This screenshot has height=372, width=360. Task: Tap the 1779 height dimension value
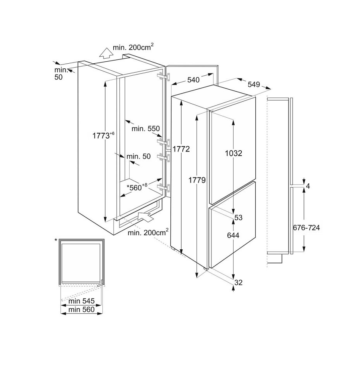tap(197, 180)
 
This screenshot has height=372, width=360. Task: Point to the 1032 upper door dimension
tap(234, 153)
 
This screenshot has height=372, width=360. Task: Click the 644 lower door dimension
tap(233, 235)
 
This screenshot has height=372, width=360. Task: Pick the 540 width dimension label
tap(193, 80)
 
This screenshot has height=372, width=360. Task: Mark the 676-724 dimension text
tap(306, 228)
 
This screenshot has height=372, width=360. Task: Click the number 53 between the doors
tap(238, 218)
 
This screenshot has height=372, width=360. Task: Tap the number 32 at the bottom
tap(238, 283)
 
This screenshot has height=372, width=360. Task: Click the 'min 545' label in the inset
tap(81, 301)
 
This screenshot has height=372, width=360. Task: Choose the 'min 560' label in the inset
tap(81, 309)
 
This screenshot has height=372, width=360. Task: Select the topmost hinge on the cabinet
tap(163, 76)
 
